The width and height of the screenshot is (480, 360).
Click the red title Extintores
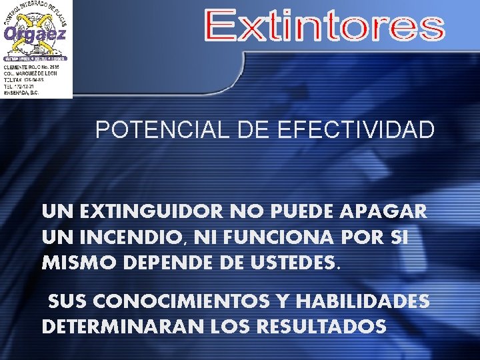pos(324,27)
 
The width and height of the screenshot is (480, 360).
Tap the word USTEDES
pos(300,262)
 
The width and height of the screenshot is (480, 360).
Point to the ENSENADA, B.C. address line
pos(22,93)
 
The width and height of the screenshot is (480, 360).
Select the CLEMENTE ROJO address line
pos(31,67)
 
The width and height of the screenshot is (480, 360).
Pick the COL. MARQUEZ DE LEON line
pos(31,73)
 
